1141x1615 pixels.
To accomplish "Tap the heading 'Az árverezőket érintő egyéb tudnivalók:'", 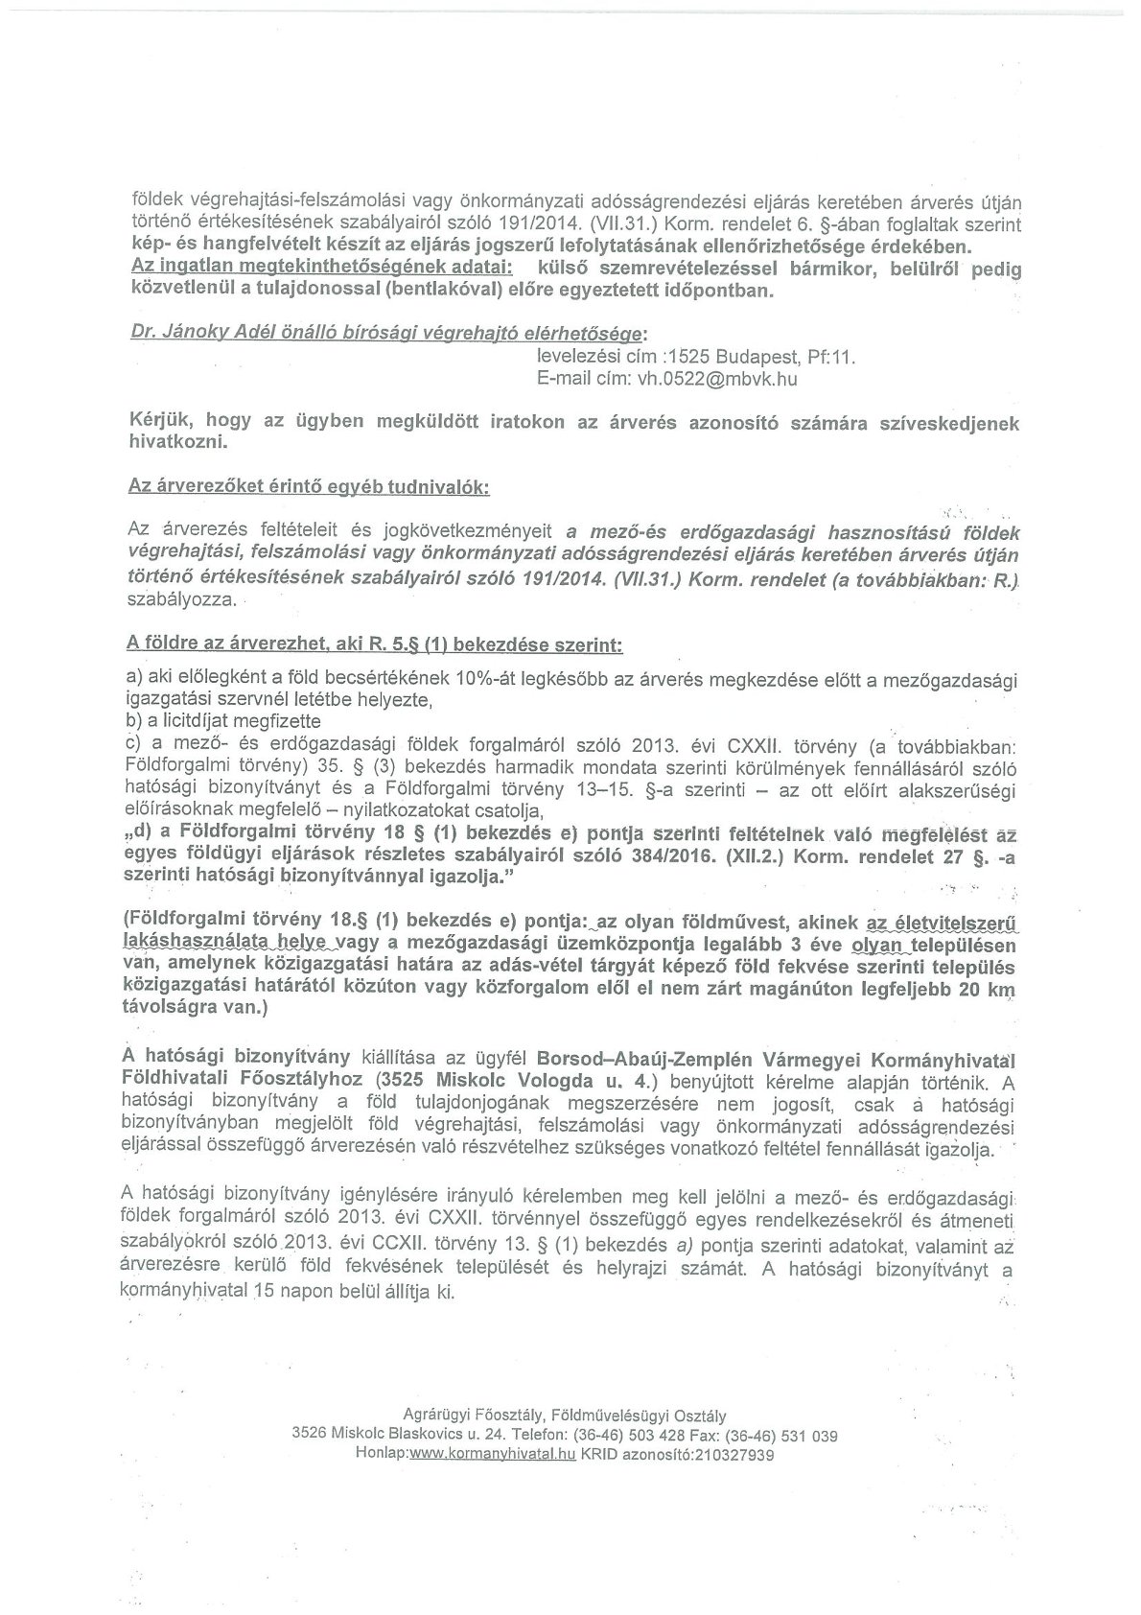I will [309, 487].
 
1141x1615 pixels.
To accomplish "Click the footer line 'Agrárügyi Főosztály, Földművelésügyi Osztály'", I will [565, 1416].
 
